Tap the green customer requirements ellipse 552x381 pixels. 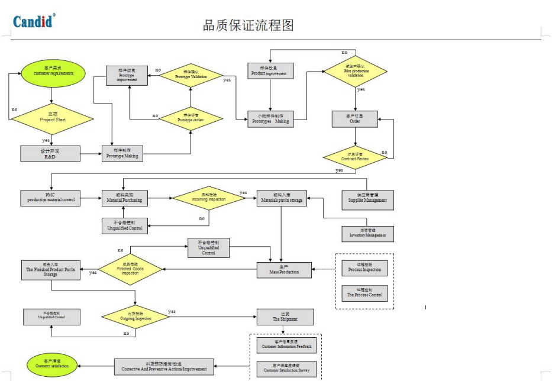click(x=53, y=72)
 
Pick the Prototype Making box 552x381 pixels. click(x=122, y=154)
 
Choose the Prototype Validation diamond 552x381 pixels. click(x=191, y=75)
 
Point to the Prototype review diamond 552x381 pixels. click(x=190, y=118)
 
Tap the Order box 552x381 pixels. click(x=354, y=119)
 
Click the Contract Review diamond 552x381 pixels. click(x=355, y=157)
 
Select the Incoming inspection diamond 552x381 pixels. click(x=208, y=198)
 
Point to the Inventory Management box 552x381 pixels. click(x=367, y=234)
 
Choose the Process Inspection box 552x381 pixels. click(x=365, y=268)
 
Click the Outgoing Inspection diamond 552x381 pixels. click(x=135, y=316)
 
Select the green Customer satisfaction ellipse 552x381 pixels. click(x=52, y=364)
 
